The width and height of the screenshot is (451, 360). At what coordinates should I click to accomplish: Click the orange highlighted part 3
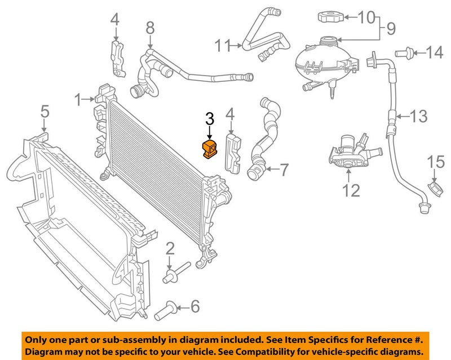tap(209, 150)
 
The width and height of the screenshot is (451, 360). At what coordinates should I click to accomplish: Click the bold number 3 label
tap(209, 119)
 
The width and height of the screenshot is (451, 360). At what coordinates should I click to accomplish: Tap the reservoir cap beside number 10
tap(328, 16)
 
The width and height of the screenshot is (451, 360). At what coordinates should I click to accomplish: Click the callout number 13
tap(418, 117)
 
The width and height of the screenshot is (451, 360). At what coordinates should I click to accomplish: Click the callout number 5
tap(45, 112)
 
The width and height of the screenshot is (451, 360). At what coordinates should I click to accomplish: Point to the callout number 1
tap(78, 100)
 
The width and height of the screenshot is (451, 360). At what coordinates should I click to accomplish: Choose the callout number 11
tap(224, 45)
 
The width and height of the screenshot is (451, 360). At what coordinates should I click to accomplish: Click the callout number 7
tap(284, 168)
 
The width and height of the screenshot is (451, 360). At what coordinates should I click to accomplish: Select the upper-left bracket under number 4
tap(117, 56)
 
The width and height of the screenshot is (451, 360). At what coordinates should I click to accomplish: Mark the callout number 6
tap(194, 307)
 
